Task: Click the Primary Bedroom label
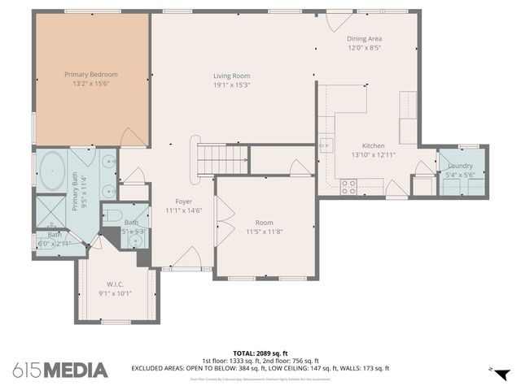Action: pos(91,74)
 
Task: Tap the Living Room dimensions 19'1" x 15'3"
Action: pos(232,84)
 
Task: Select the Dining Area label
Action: pos(364,38)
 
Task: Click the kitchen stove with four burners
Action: pos(348,185)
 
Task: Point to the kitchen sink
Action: pos(326,145)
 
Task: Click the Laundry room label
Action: pos(460,166)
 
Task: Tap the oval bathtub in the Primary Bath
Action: pos(53,171)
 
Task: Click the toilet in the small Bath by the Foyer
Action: pos(113,216)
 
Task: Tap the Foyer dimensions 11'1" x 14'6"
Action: pos(184,210)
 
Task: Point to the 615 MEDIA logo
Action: pos(60,370)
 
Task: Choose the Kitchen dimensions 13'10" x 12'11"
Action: pos(374,154)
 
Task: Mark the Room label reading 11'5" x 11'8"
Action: pos(265,231)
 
